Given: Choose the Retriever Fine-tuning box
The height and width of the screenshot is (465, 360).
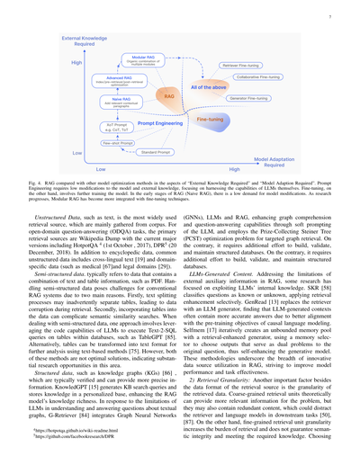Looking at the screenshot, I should [250, 66].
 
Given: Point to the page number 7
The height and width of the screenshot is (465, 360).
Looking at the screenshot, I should [333, 16].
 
